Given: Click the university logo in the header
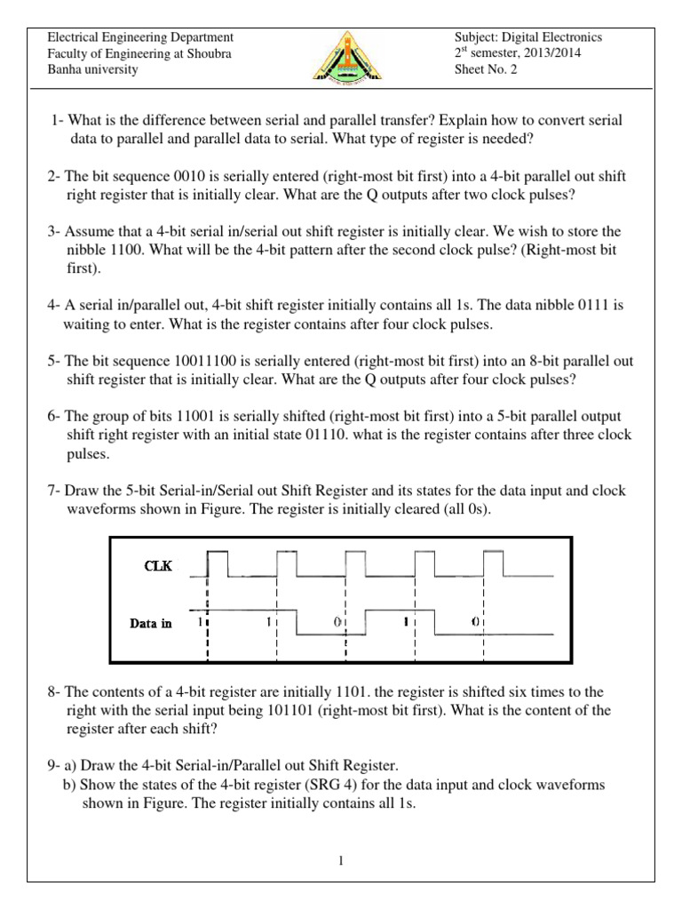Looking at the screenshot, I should point(340,55).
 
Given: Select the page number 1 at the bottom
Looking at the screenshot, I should point(341,860).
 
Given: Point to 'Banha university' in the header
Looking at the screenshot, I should point(92,69).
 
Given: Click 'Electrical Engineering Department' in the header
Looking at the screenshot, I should point(139,37).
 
